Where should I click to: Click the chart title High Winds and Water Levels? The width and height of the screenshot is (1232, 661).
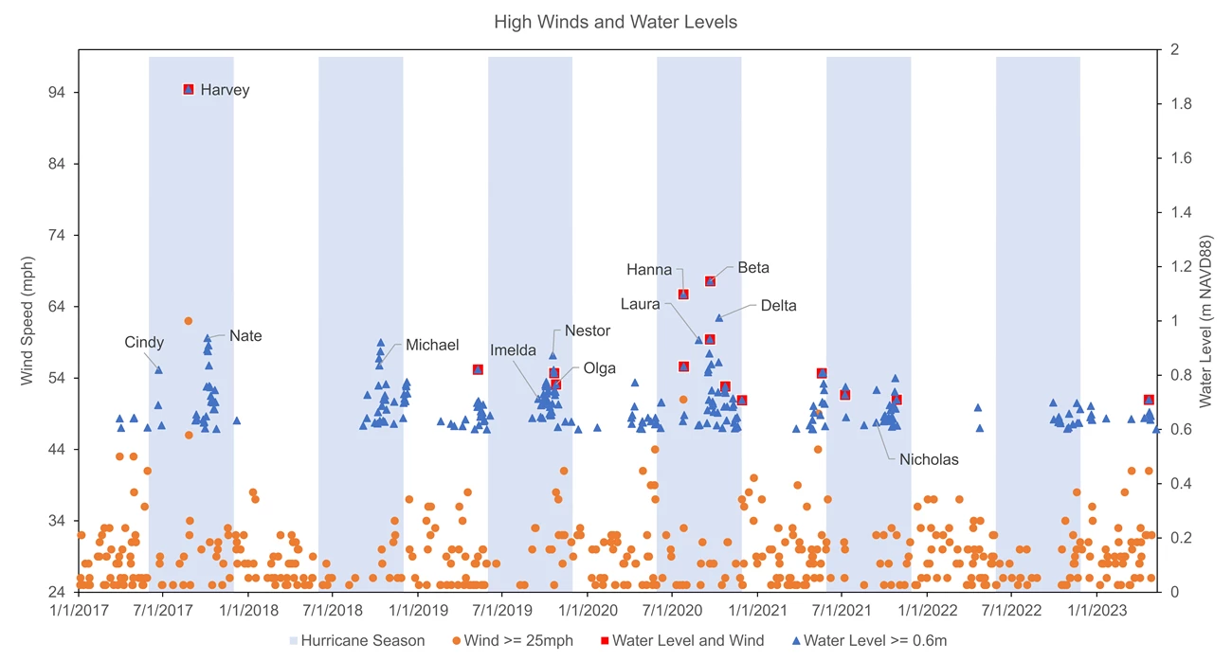click(615, 22)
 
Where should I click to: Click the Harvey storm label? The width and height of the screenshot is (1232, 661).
click(225, 90)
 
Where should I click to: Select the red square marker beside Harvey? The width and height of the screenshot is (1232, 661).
click(189, 89)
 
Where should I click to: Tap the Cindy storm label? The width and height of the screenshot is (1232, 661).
click(144, 342)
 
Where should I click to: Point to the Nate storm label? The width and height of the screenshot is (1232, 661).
click(245, 335)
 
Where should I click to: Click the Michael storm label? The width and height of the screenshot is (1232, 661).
click(432, 345)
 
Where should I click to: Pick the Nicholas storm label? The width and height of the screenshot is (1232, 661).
click(929, 459)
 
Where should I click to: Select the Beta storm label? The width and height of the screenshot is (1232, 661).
click(753, 268)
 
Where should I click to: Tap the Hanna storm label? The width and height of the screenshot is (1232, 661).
click(649, 270)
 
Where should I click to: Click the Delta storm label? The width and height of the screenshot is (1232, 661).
click(778, 305)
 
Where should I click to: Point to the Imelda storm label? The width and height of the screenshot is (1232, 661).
click(513, 350)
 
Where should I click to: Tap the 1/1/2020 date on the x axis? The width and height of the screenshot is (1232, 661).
click(588, 612)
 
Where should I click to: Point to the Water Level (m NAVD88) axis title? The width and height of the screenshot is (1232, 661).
click(1205, 321)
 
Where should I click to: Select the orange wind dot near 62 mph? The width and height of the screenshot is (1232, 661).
click(188, 321)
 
